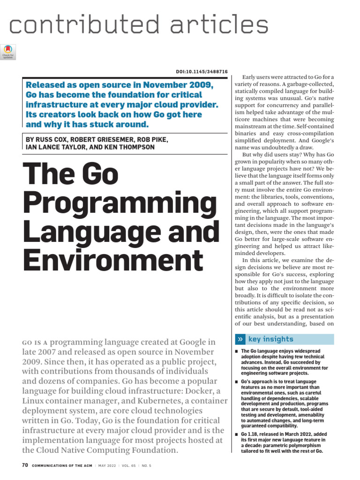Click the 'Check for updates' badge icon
click(9, 51)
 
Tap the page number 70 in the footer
click(25, 465)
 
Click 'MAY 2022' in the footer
click(110, 466)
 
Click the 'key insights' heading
click(270, 339)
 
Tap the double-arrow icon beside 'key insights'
click(240, 339)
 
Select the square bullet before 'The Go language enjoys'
click(237, 351)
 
